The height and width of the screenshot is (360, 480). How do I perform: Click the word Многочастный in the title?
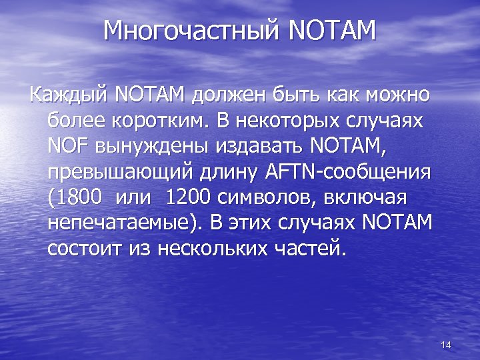193,30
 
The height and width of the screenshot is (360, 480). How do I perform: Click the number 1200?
188,197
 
